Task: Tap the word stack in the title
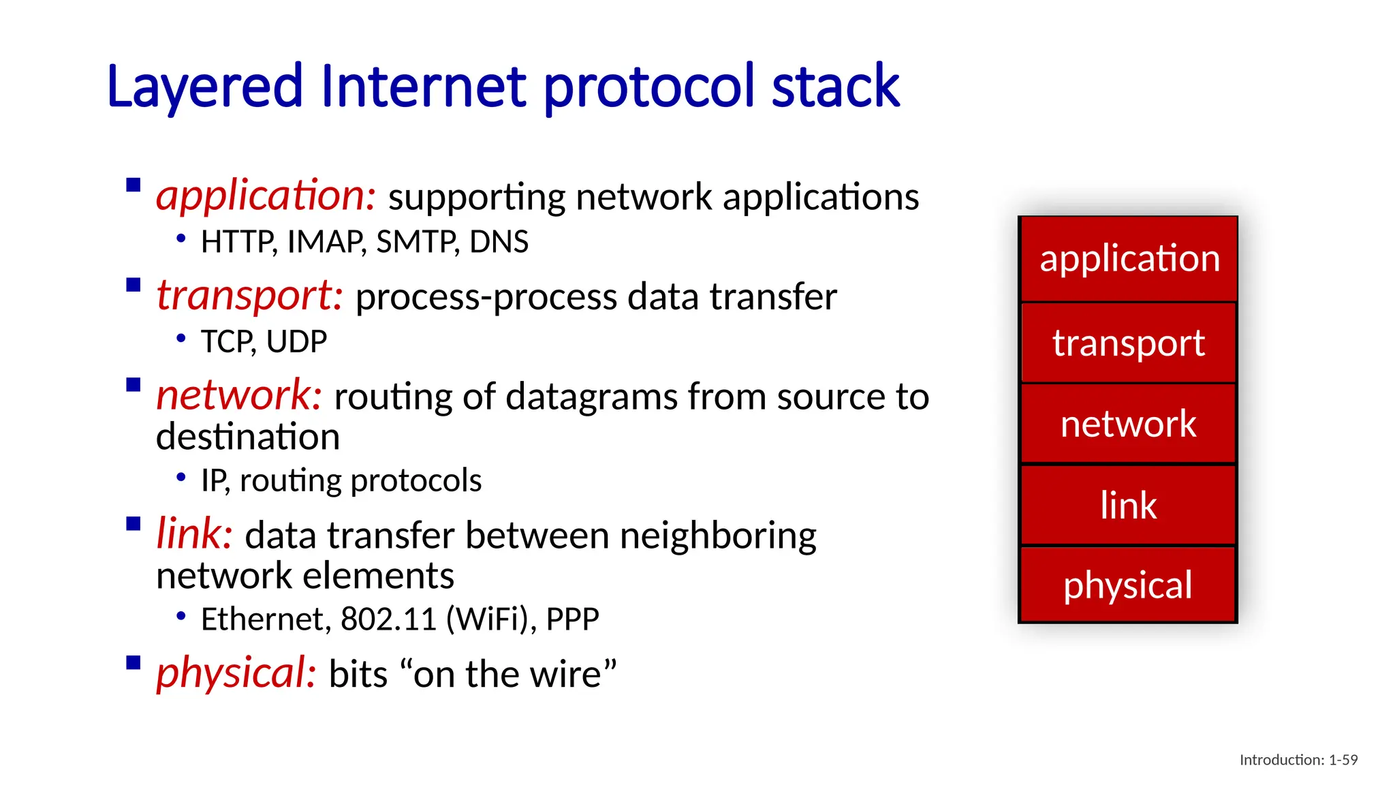(x=835, y=87)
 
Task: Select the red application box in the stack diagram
(x=1128, y=259)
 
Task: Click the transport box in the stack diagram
(x=1128, y=343)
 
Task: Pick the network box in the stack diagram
(x=1128, y=424)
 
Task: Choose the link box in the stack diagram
(x=1128, y=505)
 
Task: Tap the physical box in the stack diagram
(x=1128, y=585)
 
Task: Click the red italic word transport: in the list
(x=249, y=296)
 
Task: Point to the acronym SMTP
(x=417, y=242)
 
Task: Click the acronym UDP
(x=296, y=341)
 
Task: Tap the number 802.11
(x=388, y=619)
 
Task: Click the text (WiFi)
(x=490, y=619)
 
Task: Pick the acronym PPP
(x=572, y=619)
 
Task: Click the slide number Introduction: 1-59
(x=1298, y=760)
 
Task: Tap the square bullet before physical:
(x=134, y=663)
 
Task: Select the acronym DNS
(x=499, y=242)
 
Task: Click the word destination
(x=248, y=437)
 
